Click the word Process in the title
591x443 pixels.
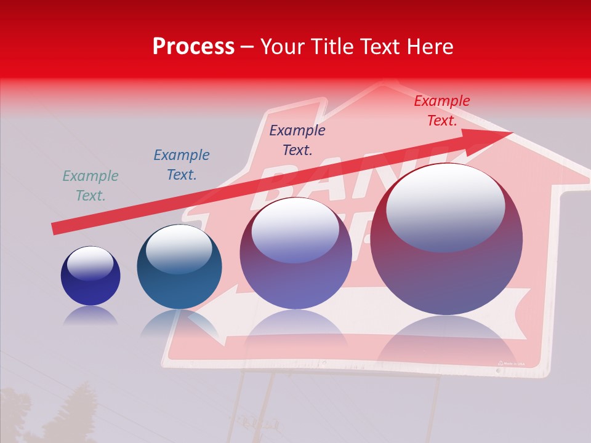(193, 46)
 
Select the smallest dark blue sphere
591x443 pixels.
(90, 276)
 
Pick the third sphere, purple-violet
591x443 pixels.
(295, 253)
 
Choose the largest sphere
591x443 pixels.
(446, 240)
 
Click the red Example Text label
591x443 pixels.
(441, 111)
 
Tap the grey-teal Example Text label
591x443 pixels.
(90, 186)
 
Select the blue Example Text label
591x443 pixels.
(181, 165)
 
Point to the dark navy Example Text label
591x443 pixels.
(297, 140)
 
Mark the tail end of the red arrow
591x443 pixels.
(54, 229)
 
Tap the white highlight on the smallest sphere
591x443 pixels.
(90, 263)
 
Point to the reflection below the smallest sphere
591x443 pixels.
(90, 316)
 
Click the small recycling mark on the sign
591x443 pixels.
(501, 363)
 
